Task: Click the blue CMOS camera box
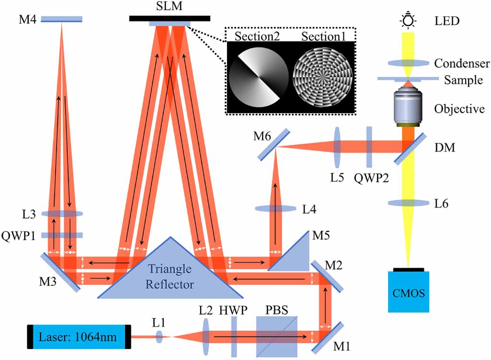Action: tap(408, 291)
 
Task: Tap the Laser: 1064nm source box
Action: tap(79, 337)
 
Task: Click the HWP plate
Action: tap(234, 337)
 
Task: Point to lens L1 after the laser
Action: tap(160, 337)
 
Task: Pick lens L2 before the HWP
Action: tap(206, 337)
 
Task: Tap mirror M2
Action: tap(327, 277)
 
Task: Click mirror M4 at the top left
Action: tap(61, 20)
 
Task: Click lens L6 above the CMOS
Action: tap(408, 203)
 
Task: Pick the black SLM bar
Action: tap(170, 18)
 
